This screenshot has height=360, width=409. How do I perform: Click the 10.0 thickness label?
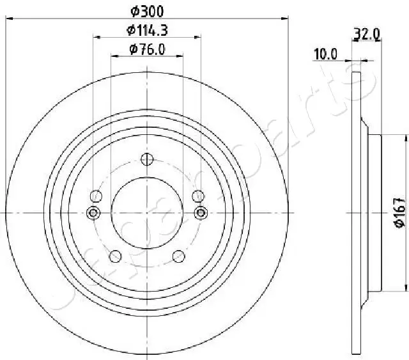[325, 54]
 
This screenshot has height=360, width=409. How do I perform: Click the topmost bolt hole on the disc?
[148, 159]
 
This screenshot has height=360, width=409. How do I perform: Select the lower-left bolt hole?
[116, 257]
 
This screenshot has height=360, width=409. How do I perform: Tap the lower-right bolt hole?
[180, 257]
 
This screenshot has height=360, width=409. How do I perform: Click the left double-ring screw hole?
[94, 213]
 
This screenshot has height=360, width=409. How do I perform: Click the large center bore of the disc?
[148, 213]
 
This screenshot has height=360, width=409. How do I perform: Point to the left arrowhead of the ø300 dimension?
[8, 20]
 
